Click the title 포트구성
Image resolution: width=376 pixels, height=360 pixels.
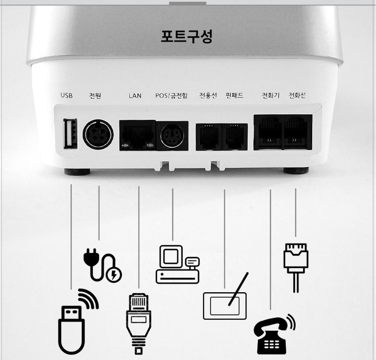pos(187,36)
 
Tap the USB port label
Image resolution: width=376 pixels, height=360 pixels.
pos(66,96)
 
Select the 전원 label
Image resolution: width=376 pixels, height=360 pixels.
pos(95,96)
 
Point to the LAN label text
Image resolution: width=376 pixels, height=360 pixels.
pos(135,96)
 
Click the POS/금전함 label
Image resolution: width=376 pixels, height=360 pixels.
pos(171,96)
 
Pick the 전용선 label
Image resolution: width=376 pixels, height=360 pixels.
pos(208,96)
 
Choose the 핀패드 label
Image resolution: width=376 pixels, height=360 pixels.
pos(234,96)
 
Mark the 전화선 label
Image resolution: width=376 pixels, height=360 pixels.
pos(297,96)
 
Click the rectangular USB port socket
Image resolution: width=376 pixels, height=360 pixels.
pos(70,133)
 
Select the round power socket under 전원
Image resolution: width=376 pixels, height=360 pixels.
pos(98,133)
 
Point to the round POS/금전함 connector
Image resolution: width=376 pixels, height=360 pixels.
pos(172,135)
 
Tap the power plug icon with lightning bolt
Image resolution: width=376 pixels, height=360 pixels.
pos(103,266)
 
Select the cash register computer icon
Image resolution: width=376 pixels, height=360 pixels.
pos(177,264)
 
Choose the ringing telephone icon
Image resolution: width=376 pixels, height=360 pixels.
pos(275,334)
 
